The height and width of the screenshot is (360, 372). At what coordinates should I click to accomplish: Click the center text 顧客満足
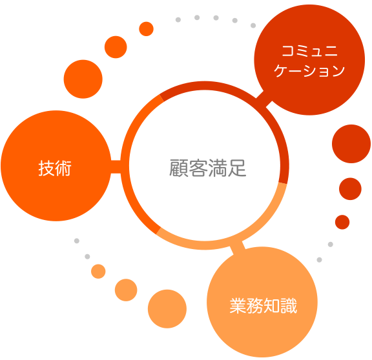pos(208,168)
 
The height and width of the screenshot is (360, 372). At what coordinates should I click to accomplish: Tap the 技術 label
pos(55,168)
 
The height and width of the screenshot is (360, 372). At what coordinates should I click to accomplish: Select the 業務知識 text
pos(263,306)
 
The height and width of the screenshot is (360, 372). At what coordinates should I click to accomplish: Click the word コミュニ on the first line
pos(309,51)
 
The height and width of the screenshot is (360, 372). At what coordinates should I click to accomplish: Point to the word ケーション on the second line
pos(309,70)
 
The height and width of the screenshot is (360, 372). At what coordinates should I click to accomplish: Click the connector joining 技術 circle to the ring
pos(116,167)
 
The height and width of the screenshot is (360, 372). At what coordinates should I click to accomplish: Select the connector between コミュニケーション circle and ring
pos(263,99)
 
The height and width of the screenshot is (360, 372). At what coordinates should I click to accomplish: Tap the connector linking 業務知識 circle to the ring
pos(238,248)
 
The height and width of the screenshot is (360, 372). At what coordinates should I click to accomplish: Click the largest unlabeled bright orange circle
pos(83,79)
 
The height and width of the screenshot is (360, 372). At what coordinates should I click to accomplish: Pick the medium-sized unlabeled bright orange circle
pos(116,47)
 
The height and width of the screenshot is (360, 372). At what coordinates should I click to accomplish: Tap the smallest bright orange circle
pos(146,29)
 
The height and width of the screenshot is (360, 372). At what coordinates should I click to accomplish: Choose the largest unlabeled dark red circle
pos(351,144)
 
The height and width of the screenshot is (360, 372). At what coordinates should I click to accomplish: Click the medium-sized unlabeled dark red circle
pos(350,188)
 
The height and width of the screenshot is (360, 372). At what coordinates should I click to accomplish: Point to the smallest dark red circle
pos(342,222)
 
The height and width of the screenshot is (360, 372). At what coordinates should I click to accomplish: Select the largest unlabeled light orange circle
pos(167,309)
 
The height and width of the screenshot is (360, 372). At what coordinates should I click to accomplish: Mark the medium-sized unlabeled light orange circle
pos(126,290)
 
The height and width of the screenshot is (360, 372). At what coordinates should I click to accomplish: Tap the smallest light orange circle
pos(98,272)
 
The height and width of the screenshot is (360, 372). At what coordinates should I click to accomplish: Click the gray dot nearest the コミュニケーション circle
pos(253,25)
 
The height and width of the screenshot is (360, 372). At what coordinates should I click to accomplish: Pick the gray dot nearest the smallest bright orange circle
pos(178,19)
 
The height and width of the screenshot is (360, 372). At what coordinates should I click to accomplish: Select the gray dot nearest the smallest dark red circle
pos(331,244)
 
